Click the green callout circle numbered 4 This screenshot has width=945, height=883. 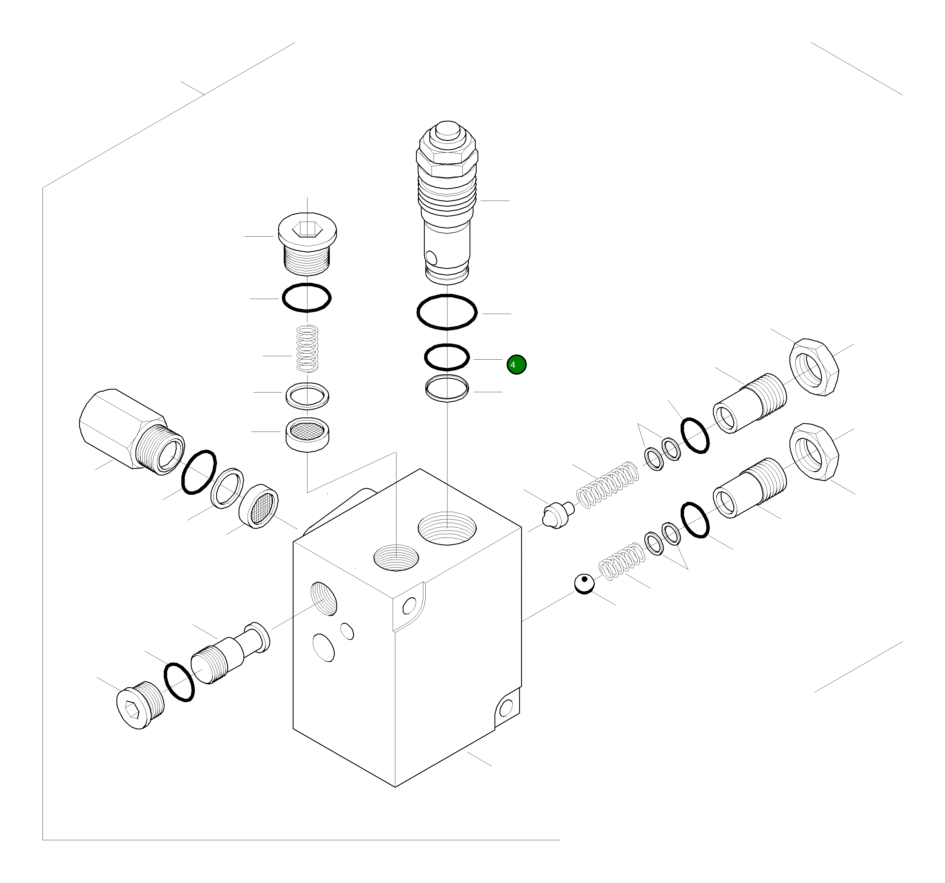tap(516, 365)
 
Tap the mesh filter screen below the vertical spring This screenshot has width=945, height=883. tap(307, 432)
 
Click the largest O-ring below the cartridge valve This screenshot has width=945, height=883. tap(447, 312)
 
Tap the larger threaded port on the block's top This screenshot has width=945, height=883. tap(447, 528)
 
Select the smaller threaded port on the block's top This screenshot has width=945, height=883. tap(396, 557)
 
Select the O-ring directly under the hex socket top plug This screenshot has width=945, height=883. tap(307, 298)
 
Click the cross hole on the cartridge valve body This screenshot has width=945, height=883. tap(431, 257)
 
